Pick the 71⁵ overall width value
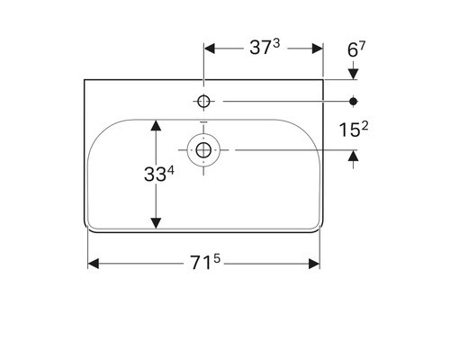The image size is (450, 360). point(204,264)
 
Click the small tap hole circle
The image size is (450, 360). point(204,102)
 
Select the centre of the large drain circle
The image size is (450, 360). point(204,148)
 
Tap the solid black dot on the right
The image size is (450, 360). point(354,102)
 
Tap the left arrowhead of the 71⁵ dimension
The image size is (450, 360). point(94,264)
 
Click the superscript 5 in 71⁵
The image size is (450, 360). point(218,258)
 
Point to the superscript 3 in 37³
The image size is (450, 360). point(275,44)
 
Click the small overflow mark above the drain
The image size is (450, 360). point(204,125)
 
